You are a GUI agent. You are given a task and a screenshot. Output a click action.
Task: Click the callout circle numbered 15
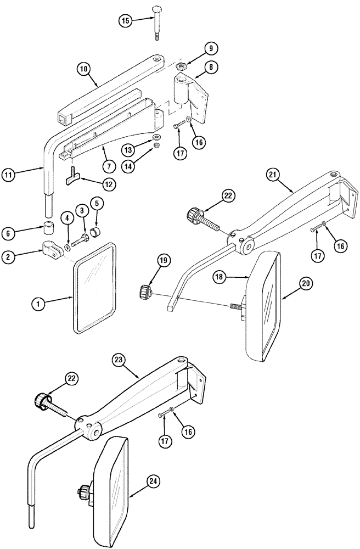126,21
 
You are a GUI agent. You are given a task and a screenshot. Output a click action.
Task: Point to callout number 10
84,69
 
